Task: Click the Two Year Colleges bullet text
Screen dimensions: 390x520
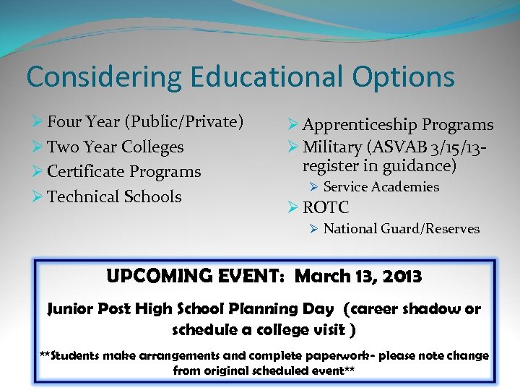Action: coord(116,147)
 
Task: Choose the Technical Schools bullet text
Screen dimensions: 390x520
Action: coord(114,196)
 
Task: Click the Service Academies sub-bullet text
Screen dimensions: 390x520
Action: coord(381,187)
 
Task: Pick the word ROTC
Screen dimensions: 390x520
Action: coord(326,208)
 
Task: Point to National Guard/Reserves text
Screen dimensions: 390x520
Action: coord(402,229)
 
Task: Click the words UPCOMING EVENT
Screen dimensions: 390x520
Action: coord(196,277)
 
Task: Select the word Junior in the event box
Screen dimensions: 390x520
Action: coord(70,309)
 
